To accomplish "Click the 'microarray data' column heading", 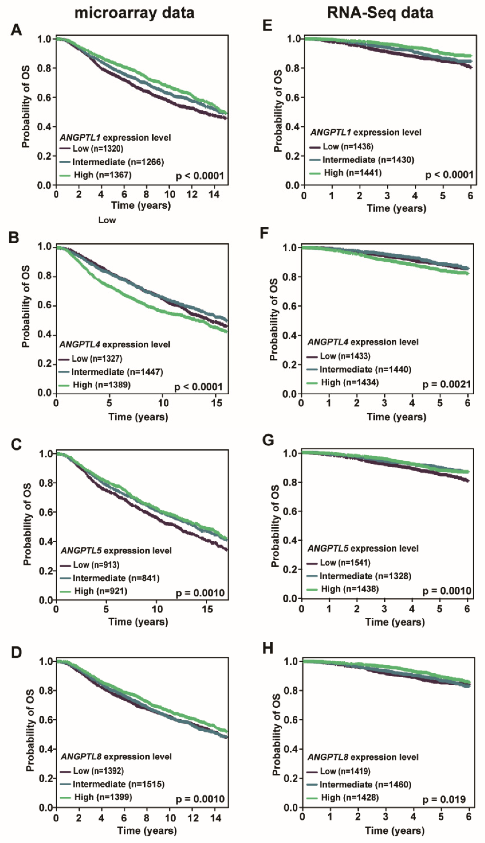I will [x=134, y=13].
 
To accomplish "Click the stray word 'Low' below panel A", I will [x=107, y=220].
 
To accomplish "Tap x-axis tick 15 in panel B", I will [x=217, y=403].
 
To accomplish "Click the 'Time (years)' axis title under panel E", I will [x=396, y=208].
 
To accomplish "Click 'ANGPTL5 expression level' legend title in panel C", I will [x=116, y=551].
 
